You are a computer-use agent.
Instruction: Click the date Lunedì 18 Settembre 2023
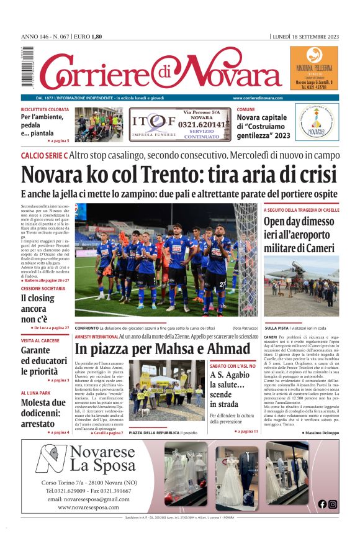point(305,37)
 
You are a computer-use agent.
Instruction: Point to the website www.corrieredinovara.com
point(258,98)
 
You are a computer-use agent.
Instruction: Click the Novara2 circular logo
point(317,121)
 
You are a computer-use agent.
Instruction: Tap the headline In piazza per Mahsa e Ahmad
point(163,348)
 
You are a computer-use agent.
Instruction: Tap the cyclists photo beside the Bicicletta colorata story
point(99,124)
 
